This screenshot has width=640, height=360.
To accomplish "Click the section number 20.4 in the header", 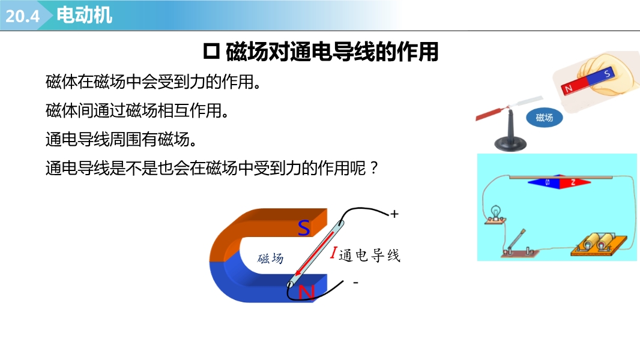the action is pyautogui.click(x=22, y=16).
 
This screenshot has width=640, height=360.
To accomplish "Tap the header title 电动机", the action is pyautogui.click(x=84, y=15).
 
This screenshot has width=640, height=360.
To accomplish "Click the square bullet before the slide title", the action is pyautogui.click(x=211, y=52).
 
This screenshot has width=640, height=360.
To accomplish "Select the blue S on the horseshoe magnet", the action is pyautogui.click(x=304, y=228).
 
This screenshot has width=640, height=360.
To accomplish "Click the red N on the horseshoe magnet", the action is pyautogui.click(x=307, y=293).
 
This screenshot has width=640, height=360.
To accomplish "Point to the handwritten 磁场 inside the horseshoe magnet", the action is pyautogui.click(x=270, y=258).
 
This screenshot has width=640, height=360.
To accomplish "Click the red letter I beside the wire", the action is pyautogui.click(x=333, y=253).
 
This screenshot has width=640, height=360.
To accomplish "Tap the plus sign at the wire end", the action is pyautogui.click(x=394, y=214).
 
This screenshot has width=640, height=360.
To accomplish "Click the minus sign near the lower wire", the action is pyautogui.click(x=356, y=282).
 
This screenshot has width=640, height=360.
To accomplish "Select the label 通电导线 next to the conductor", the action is pyautogui.click(x=369, y=255).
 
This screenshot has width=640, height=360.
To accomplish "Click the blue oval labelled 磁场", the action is pyautogui.click(x=544, y=118).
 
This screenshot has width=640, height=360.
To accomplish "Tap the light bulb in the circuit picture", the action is pyautogui.click(x=495, y=214).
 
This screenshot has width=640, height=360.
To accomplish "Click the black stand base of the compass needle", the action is pyautogui.click(x=510, y=143).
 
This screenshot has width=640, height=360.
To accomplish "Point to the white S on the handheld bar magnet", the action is pyautogui.click(x=607, y=73).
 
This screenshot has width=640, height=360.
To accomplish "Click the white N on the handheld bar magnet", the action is pyautogui.click(x=568, y=88).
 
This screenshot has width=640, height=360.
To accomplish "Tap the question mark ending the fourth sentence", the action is pyautogui.click(x=373, y=168).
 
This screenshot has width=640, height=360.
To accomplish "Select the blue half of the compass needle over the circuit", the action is pyautogui.click(x=543, y=182).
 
